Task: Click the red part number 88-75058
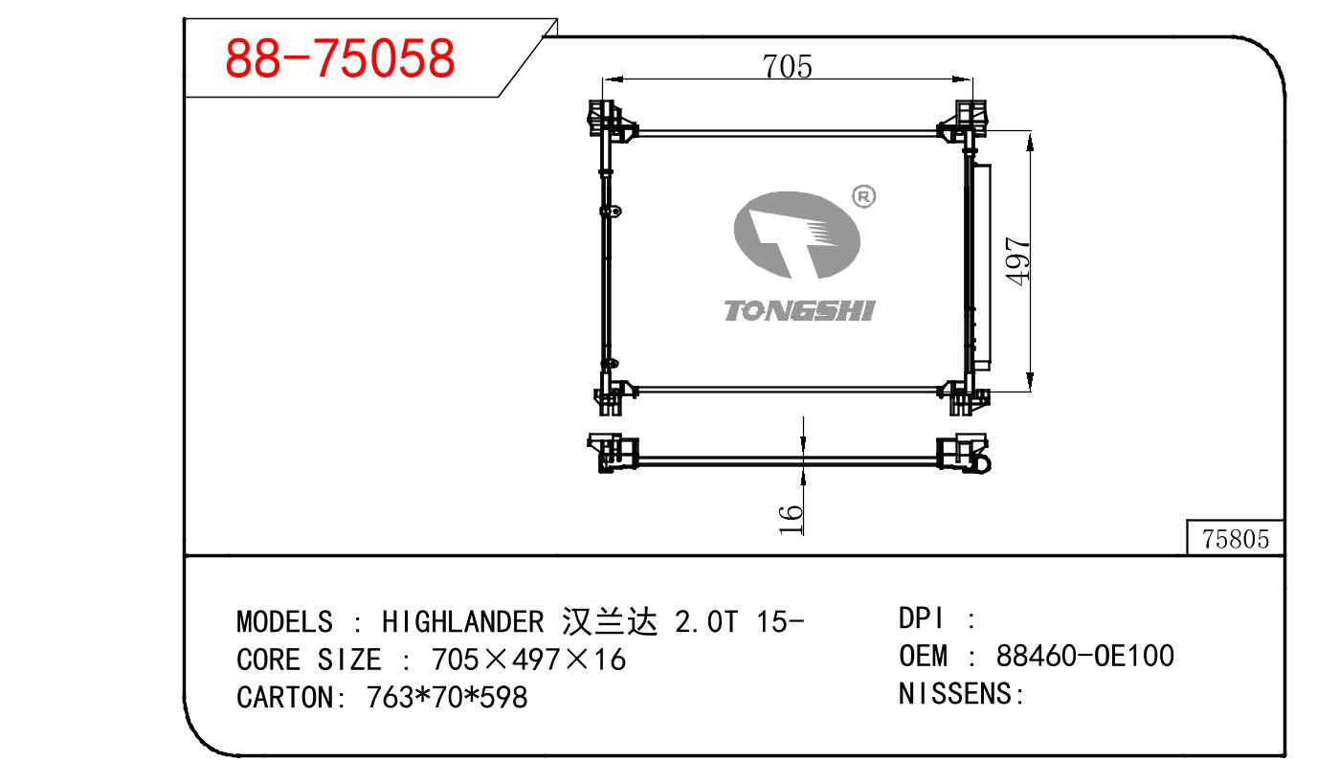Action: (x=340, y=58)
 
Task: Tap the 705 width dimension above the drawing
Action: (x=787, y=66)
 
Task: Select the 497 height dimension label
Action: (x=1017, y=261)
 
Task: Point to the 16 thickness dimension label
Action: (x=791, y=519)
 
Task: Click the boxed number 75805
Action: (x=1235, y=539)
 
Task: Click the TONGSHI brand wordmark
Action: (x=799, y=311)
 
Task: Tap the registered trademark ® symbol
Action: (x=863, y=196)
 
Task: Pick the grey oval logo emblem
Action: (x=797, y=235)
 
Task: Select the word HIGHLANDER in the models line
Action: (x=462, y=622)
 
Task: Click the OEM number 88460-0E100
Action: (x=1084, y=656)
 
